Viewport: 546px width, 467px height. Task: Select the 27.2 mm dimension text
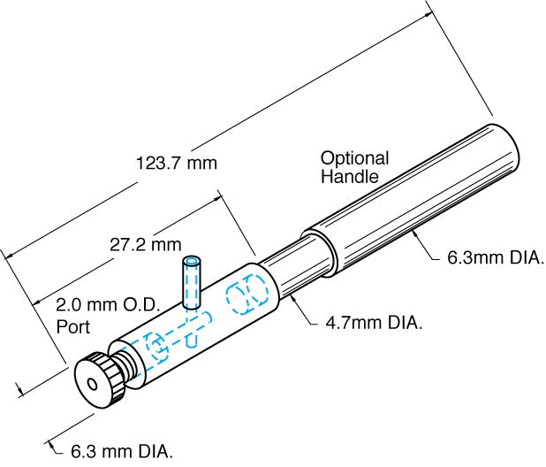(146, 243)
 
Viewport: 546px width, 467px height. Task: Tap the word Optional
(354, 158)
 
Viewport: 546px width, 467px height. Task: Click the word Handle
(350, 177)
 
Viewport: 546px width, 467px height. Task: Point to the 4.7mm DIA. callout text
(369, 324)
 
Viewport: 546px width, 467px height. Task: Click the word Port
(73, 325)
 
